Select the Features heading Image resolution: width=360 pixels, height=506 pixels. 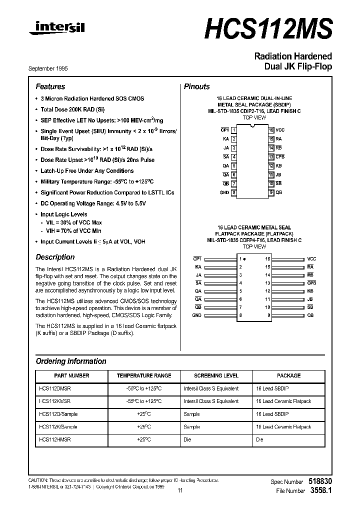[50, 86]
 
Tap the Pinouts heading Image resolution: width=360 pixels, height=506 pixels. [197, 86]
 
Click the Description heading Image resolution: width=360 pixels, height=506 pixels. [55, 257]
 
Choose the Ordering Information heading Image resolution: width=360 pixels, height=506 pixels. [71, 361]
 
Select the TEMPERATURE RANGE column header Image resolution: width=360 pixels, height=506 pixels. [144, 375]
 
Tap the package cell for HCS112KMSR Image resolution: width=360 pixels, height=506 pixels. [283, 401]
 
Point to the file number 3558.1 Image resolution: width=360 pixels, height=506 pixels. [320, 491]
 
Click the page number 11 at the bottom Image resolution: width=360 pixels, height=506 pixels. [180, 491]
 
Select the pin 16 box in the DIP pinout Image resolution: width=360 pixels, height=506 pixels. [270, 129]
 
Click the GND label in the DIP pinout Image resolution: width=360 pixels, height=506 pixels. [224, 192]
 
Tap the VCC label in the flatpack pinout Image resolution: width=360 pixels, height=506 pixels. [311, 259]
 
